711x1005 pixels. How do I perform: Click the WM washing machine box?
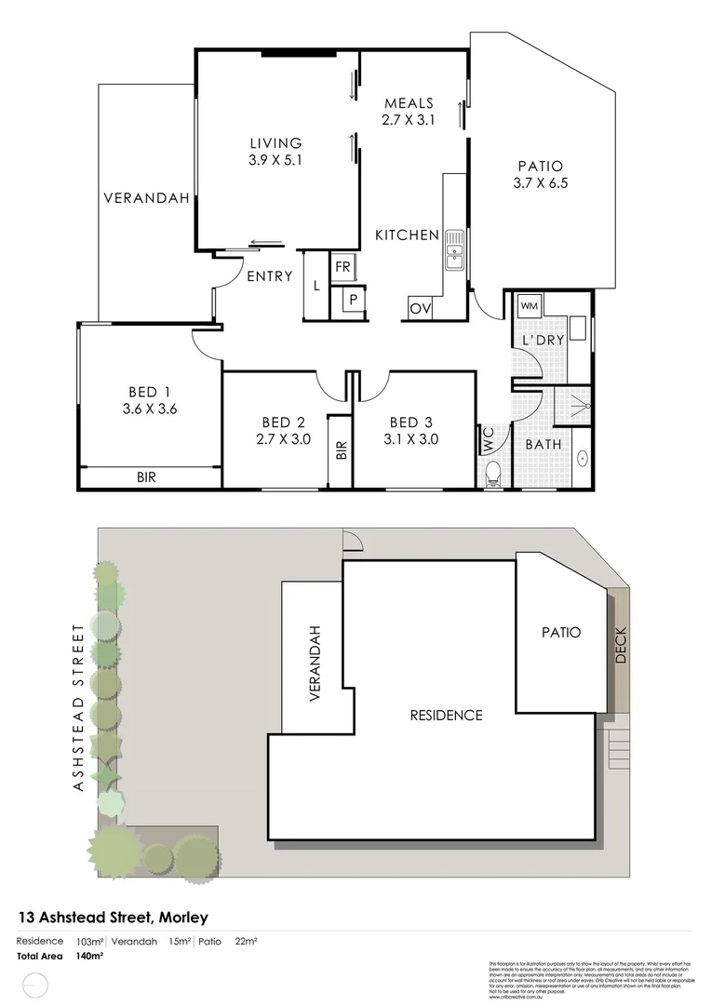530,306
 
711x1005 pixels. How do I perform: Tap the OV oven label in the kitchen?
418,308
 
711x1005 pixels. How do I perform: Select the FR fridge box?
342,266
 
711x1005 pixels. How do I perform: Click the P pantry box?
354,300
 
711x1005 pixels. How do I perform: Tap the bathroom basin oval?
583,458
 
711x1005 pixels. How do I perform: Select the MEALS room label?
409,103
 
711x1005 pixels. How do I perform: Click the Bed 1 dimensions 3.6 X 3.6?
148,408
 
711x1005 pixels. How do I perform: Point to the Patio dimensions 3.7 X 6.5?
540,183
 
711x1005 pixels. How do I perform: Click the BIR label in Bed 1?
146,477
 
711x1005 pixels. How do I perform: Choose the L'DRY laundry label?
543,341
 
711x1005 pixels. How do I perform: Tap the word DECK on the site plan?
621,645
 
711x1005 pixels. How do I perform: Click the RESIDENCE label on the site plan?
447,716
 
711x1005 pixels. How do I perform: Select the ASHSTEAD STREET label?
78,706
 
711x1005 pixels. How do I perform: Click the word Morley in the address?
183,918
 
